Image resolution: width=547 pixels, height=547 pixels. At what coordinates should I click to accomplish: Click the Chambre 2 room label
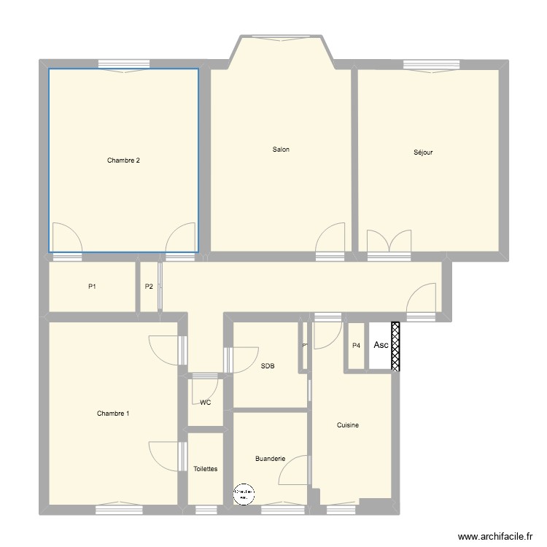pos(123,160)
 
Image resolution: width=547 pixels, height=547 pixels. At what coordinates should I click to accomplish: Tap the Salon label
pos(281,150)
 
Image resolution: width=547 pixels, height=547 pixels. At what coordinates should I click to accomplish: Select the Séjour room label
pos(423,153)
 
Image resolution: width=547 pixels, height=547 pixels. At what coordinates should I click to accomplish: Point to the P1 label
pos(92,287)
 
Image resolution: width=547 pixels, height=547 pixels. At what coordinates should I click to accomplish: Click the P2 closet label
pos(149,287)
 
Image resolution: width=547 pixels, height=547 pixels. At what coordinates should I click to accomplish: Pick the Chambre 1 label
pos(113,414)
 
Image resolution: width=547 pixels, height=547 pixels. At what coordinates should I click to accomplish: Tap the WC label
pos(205,402)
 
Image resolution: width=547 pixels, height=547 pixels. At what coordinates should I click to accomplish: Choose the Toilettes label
pos(205,469)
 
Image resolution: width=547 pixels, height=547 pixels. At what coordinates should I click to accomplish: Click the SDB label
pos(267,366)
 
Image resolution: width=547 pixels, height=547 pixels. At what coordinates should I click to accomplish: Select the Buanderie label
pos(270,459)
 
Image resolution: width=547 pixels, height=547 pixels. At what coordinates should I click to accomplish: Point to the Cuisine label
pos(347,425)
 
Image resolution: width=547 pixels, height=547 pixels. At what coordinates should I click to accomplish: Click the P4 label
pos(356,346)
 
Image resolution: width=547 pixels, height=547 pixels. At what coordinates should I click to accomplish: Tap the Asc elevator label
pos(381,345)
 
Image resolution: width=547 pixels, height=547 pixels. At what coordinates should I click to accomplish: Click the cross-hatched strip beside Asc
pos(396,346)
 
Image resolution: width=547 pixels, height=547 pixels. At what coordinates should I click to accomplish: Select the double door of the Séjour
pos(388,241)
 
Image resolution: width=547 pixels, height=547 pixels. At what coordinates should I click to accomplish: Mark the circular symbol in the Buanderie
pos(244,494)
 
